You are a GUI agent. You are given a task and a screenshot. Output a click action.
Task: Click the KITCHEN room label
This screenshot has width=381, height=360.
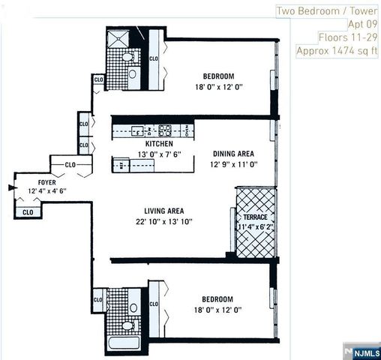pyautogui.click(x=159, y=144)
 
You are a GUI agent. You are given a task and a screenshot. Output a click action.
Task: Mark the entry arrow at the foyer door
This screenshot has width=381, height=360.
pyautogui.click(x=10, y=187)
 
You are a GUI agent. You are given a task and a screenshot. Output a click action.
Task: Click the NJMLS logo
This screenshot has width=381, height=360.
pyautogui.click(x=363, y=351)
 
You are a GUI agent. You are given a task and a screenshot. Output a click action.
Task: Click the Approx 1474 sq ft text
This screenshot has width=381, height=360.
pyautogui.click(x=337, y=51)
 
